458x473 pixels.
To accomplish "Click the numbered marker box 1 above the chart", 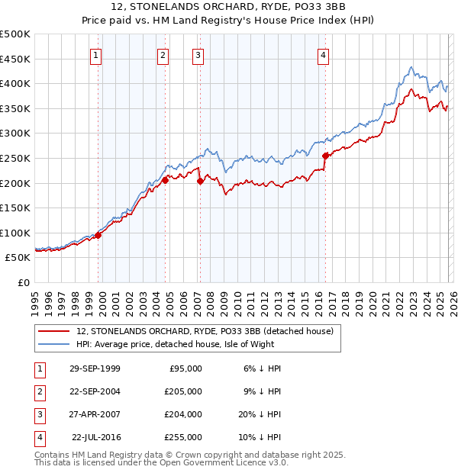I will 96,54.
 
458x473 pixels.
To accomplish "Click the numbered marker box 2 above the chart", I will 163,54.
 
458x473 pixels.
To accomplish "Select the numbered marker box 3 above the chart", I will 198,54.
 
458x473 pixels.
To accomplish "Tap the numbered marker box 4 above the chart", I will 324,54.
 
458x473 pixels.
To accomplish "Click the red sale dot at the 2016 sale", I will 325,156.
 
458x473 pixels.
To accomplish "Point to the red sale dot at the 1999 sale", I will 98,235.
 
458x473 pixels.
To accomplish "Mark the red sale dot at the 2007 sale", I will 200,181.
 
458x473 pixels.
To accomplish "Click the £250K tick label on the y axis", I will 15,158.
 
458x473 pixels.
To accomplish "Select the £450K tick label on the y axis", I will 15,59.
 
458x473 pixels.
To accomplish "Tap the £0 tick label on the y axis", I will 23,282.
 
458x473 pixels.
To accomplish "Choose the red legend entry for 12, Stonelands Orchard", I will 205,331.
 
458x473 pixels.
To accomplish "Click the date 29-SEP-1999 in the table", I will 95,368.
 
